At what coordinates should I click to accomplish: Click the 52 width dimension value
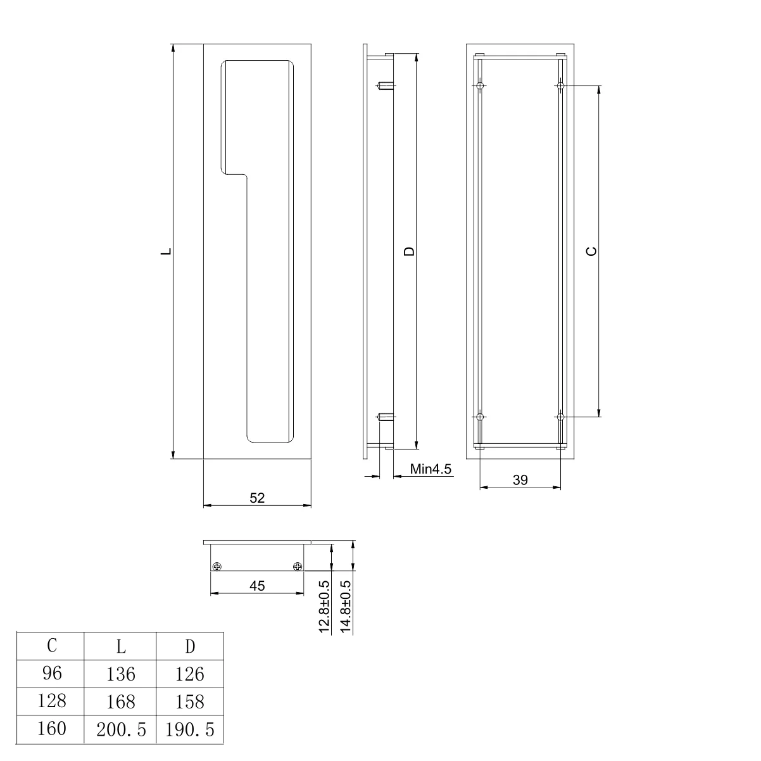(256, 498)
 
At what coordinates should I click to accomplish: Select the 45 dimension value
(256, 586)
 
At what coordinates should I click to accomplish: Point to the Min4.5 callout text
(431, 469)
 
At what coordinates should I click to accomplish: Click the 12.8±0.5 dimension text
(324, 607)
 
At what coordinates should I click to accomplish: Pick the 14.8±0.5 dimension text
(346, 607)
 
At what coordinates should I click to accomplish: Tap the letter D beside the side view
(410, 251)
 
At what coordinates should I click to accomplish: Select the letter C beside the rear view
(591, 251)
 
